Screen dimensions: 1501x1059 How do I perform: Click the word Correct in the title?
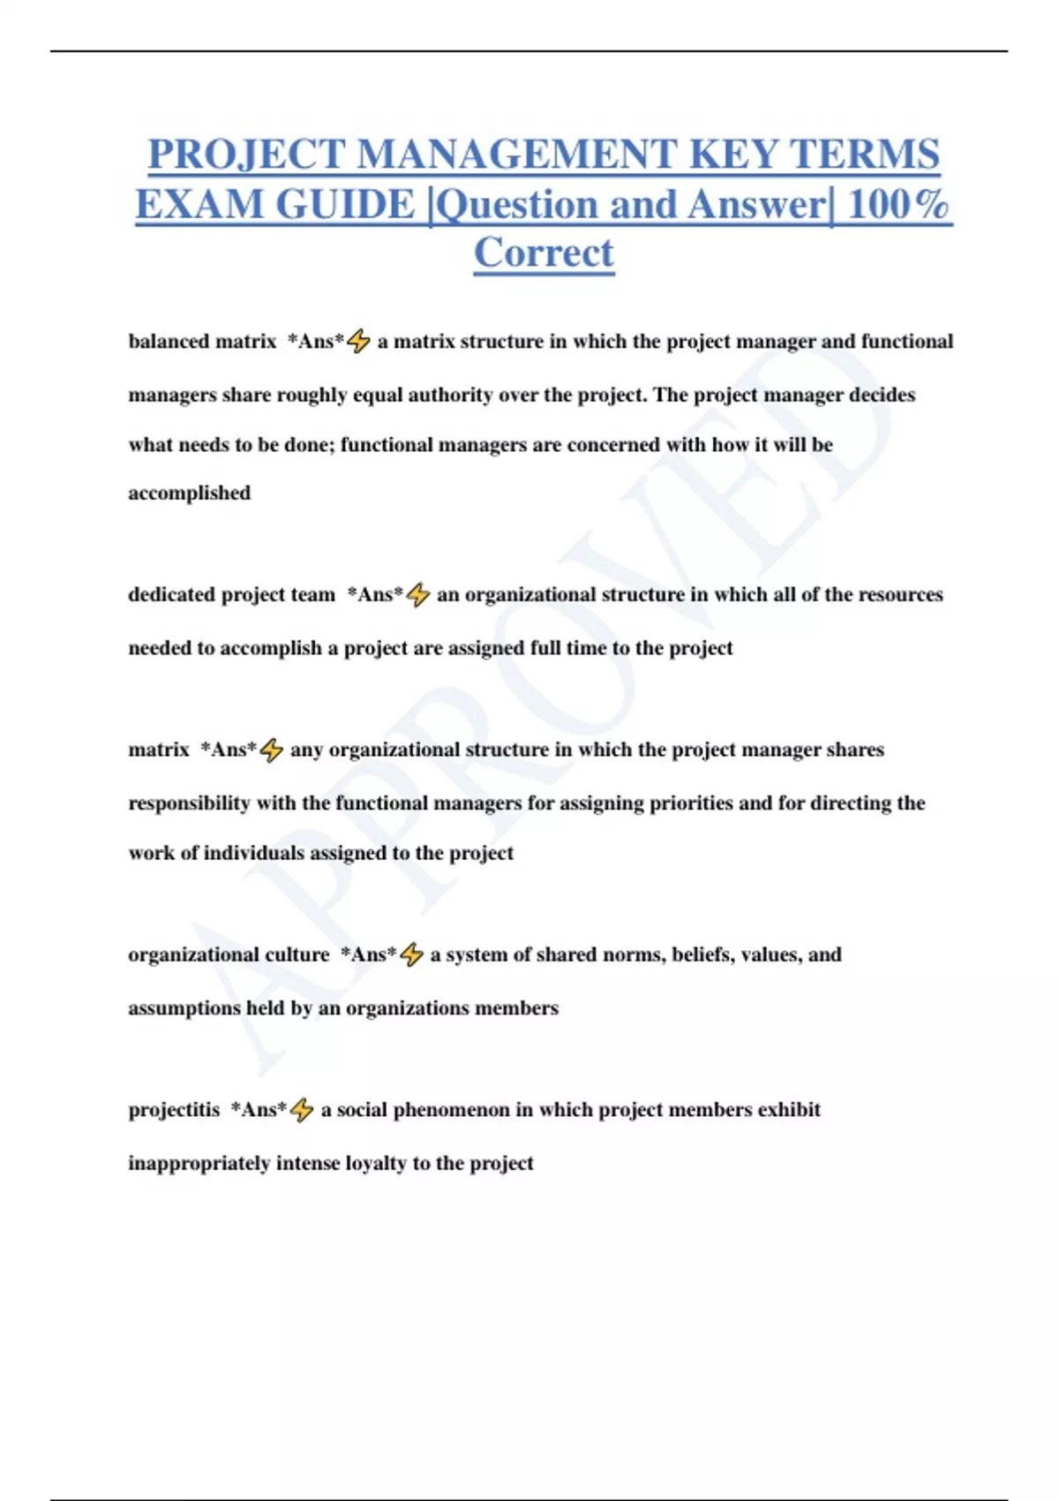tap(544, 253)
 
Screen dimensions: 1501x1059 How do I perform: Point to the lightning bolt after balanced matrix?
tap(358, 342)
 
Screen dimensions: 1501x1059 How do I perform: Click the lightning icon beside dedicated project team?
tap(418, 595)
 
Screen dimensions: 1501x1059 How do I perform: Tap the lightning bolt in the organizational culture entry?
tap(411, 954)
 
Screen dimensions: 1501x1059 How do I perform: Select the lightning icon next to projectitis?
tap(302, 1110)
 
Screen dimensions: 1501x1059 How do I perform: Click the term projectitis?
tap(174, 1110)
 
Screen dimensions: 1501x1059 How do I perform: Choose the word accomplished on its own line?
tap(189, 493)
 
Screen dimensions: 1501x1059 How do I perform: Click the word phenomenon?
tap(451, 1110)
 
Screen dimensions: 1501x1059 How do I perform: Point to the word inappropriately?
tap(199, 1163)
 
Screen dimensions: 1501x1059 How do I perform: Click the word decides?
tap(882, 395)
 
